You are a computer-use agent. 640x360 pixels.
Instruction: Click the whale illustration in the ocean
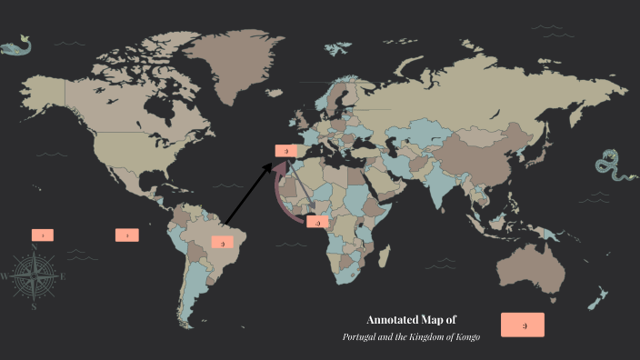pos(18,45)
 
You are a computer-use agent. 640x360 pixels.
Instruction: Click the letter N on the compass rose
pos(34,247)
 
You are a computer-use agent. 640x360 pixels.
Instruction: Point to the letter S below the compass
pos(34,307)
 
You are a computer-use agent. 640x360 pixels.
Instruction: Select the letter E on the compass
pos(63,275)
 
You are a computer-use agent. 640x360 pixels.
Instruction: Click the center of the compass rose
pos(34,276)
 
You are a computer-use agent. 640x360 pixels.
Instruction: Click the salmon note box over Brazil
pos(224,243)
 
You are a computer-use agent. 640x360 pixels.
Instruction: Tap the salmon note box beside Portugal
pos(286,150)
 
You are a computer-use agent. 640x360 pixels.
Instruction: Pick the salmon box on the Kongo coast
pos(318,222)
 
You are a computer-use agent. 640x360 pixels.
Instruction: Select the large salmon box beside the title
pos(523,325)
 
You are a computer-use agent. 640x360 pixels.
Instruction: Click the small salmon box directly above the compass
pos(42,235)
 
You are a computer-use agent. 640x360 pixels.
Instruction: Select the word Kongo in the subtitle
pos(465,337)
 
